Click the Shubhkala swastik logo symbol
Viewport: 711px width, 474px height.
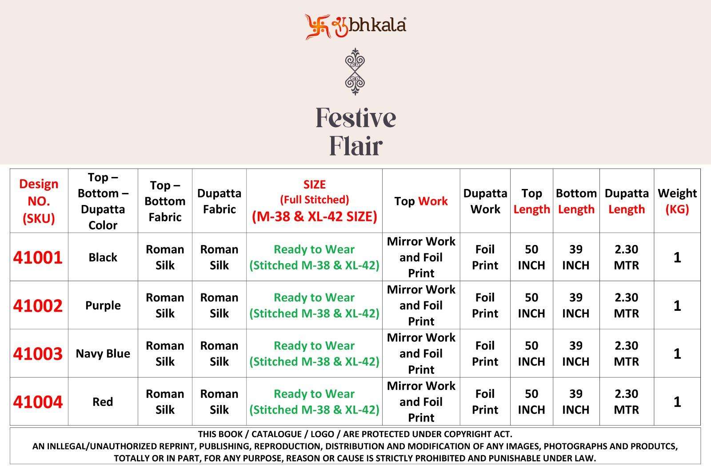click(x=317, y=26)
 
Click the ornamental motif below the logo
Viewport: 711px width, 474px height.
click(x=355, y=72)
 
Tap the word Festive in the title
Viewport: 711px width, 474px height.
click(x=356, y=118)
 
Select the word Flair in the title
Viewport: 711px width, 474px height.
click(x=356, y=146)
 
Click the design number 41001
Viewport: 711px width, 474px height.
click(x=38, y=257)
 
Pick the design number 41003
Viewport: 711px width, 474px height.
click(x=38, y=353)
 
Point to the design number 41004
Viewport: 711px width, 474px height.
click(x=38, y=402)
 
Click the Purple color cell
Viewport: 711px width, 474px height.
click(x=103, y=305)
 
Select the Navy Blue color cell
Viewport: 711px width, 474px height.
click(x=103, y=353)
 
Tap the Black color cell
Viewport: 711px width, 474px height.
click(x=103, y=257)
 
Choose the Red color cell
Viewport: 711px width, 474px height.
click(x=103, y=402)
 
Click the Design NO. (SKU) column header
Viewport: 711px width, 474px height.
click(x=39, y=201)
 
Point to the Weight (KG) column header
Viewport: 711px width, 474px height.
click(x=677, y=201)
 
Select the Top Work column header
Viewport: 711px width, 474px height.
click(x=421, y=201)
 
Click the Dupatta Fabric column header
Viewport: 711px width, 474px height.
click(x=219, y=201)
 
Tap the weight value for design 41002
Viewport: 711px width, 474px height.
click(x=677, y=305)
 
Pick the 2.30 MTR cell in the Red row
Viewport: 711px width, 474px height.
click(x=626, y=402)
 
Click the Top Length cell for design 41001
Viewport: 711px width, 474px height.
click(x=531, y=257)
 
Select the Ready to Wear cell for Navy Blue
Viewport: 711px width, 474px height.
click(x=314, y=353)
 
